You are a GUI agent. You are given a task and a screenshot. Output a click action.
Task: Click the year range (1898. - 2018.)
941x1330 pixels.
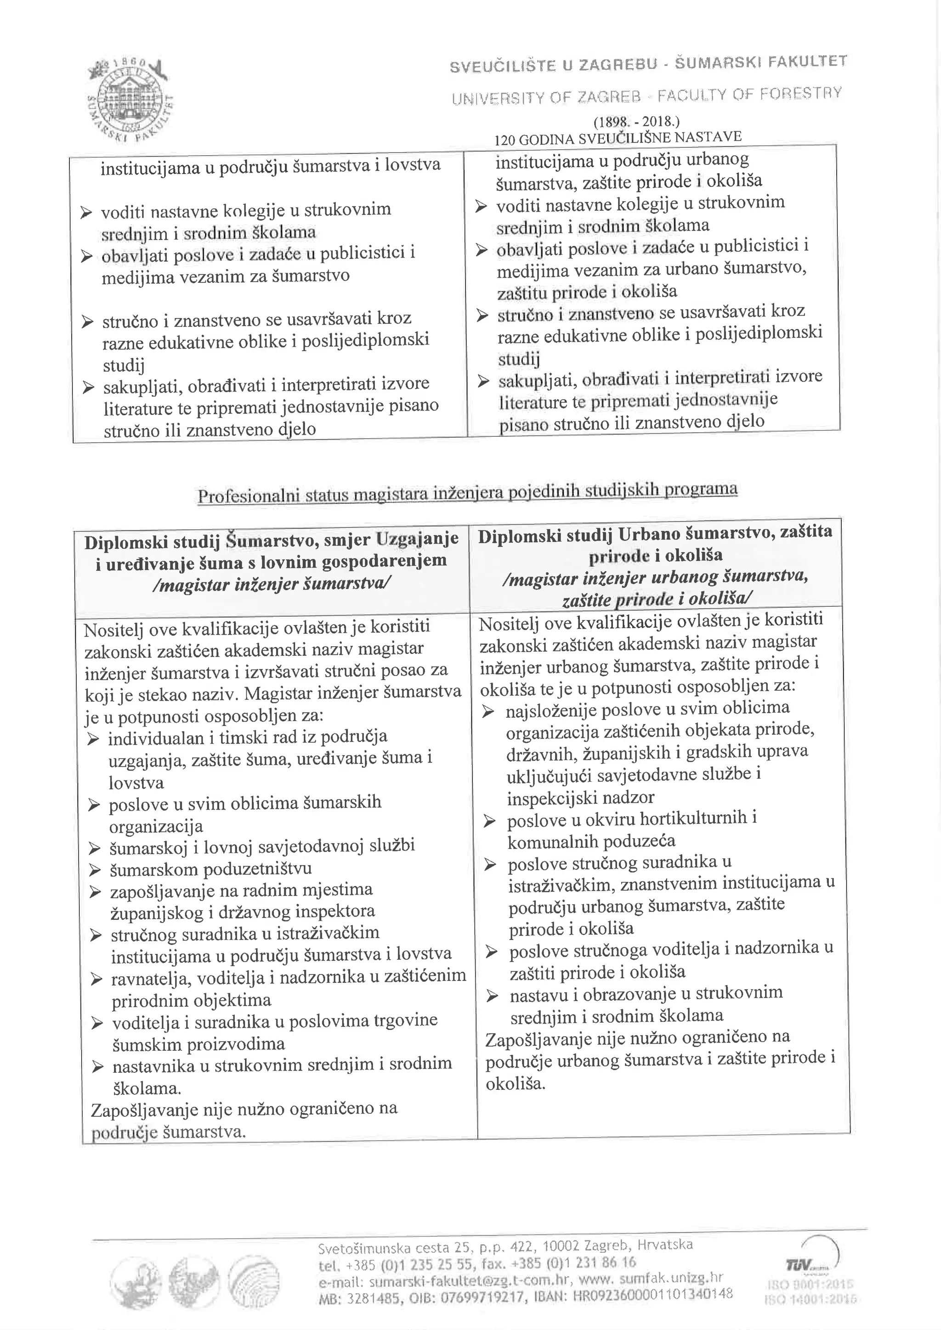point(635,122)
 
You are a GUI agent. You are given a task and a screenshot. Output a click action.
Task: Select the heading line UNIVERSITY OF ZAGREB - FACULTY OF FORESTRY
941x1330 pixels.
point(646,95)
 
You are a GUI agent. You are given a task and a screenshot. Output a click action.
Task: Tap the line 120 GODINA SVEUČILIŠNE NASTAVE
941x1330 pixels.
point(618,138)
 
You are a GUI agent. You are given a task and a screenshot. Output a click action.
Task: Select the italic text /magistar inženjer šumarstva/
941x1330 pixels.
point(271,583)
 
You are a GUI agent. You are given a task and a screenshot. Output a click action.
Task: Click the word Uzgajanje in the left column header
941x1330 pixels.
point(417,539)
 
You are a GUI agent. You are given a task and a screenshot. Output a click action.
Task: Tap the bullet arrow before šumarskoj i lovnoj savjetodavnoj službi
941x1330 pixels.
point(95,849)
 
